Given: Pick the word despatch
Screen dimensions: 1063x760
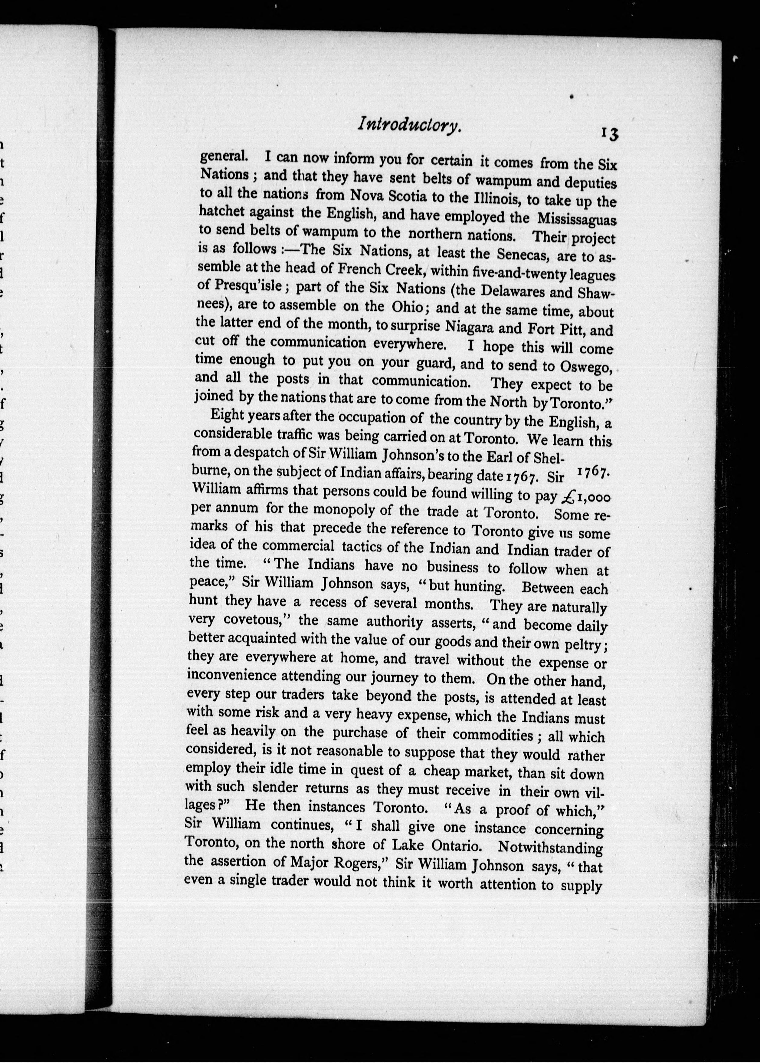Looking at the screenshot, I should point(245,453).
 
